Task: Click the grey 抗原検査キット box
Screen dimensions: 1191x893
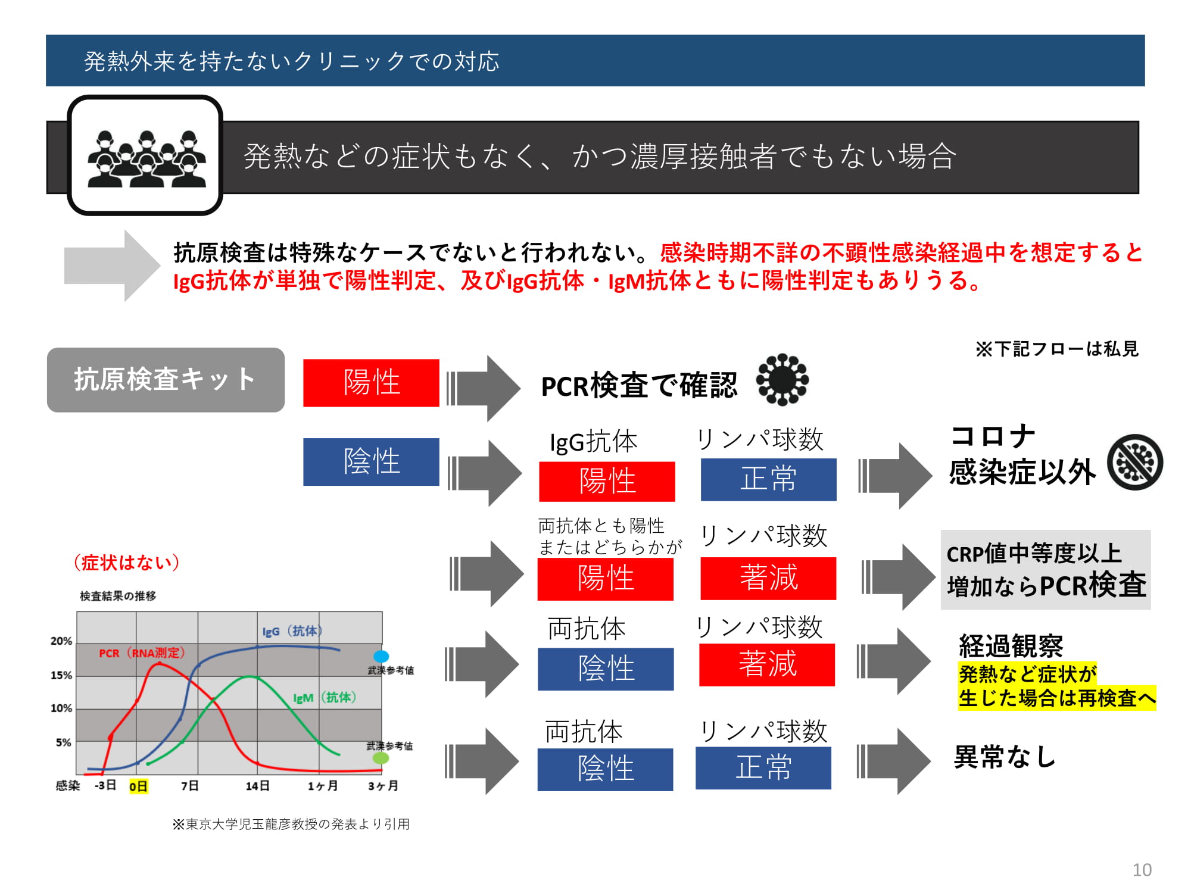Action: click(166, 380)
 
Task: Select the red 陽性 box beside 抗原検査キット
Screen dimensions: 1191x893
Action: click(371, 383)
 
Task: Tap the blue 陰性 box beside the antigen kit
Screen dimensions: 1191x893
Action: click(371, 462)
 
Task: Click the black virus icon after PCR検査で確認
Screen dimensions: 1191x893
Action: click(782, 380)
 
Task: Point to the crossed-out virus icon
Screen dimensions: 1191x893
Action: click(1135, 462)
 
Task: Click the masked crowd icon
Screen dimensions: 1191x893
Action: click(146, 158)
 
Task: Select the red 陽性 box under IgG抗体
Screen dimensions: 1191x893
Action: click(607, 481)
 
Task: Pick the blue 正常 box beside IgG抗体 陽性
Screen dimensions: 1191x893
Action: click(768, 479)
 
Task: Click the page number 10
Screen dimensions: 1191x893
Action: click(1142, 870)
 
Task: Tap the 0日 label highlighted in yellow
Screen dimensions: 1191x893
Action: click(138, 786)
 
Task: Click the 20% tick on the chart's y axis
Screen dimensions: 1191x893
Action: click(61, 641)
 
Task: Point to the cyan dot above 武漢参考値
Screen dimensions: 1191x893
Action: click(381, 656)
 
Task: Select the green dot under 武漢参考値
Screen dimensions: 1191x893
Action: click(381, 758)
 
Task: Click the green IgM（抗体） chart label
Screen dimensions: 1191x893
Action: click(325, 697)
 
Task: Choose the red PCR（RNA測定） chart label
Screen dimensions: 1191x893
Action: click(142, 653)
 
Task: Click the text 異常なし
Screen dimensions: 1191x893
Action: click(1005, 757)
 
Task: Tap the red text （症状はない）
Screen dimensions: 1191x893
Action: click(127, 563)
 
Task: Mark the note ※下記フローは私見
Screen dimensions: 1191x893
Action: click(1057, 349)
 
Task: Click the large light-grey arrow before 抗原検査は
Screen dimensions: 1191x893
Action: click(112, 266)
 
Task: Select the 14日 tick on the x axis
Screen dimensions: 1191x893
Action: click(258, 786)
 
